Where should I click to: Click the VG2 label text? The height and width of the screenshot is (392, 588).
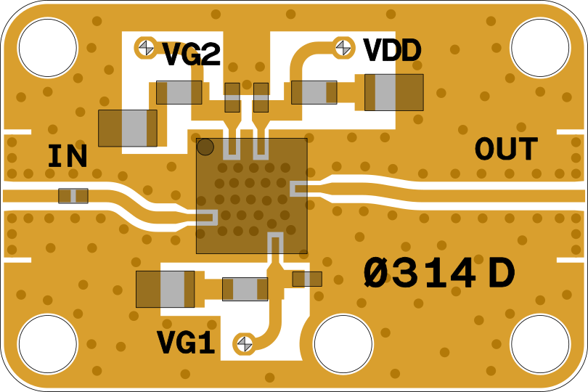pos(191,55)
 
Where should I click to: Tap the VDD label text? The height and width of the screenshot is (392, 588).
pos(392,51)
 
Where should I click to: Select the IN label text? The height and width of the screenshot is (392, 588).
pos(68,157)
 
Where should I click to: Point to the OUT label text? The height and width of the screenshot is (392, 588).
pos(506,150)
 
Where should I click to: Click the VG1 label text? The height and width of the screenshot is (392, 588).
pos(186,343)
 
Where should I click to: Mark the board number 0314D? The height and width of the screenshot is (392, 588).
pos(439,274)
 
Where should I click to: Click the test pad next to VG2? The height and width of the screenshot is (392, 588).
pos(146,47)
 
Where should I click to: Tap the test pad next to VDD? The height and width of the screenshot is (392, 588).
pos(343,47)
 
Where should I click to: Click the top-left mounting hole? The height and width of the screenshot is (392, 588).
pos(47,48)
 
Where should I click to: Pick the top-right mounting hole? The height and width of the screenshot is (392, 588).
pos(540,48)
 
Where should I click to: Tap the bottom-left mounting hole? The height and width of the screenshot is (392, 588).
pos(47,344)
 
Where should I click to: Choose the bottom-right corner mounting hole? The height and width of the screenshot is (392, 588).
pos(540,344)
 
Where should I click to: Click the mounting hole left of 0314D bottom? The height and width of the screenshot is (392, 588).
pos(343,344)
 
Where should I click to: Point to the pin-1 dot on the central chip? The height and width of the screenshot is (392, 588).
pos(205,147)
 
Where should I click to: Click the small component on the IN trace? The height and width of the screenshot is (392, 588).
pos(73,196)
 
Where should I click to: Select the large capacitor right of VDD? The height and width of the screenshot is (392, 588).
pos(393,92)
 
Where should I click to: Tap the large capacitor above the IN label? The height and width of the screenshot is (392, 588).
pos(128,128)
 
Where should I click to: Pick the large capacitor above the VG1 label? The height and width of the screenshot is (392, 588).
pos(165,289)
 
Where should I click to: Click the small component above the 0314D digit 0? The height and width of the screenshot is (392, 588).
pos(307,279)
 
